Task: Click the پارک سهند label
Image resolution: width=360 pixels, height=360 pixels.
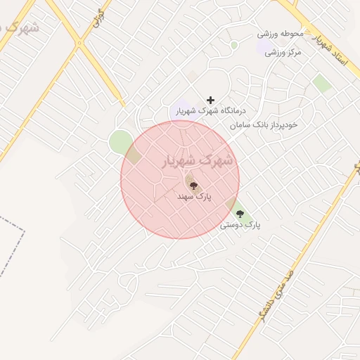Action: [194, 198]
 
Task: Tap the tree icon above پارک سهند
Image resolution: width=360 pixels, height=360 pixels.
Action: [193, 186]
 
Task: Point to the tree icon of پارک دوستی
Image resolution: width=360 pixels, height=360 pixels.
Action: [240, 213]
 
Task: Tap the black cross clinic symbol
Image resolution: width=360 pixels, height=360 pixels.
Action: [210, 101]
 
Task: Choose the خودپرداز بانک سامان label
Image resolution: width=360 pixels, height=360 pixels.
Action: [264, 125]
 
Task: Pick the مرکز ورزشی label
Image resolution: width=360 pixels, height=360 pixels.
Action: [284, 53]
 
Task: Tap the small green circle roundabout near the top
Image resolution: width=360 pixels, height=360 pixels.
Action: [233, 45]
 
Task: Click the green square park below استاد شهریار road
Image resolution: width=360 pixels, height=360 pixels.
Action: [322, 84]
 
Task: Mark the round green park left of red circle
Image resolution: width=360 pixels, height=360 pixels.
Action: [119, 142]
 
